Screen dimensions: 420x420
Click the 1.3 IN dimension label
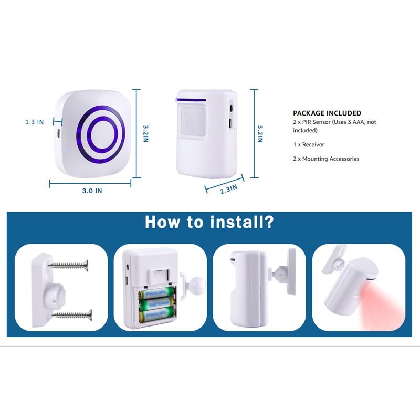click(35, 122)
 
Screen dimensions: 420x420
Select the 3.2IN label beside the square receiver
click(146, 134)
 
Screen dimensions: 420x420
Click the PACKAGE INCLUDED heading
click(327, 113)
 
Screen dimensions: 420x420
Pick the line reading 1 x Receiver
click(308, 144)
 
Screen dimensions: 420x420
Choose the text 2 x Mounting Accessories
click(326, 159)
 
